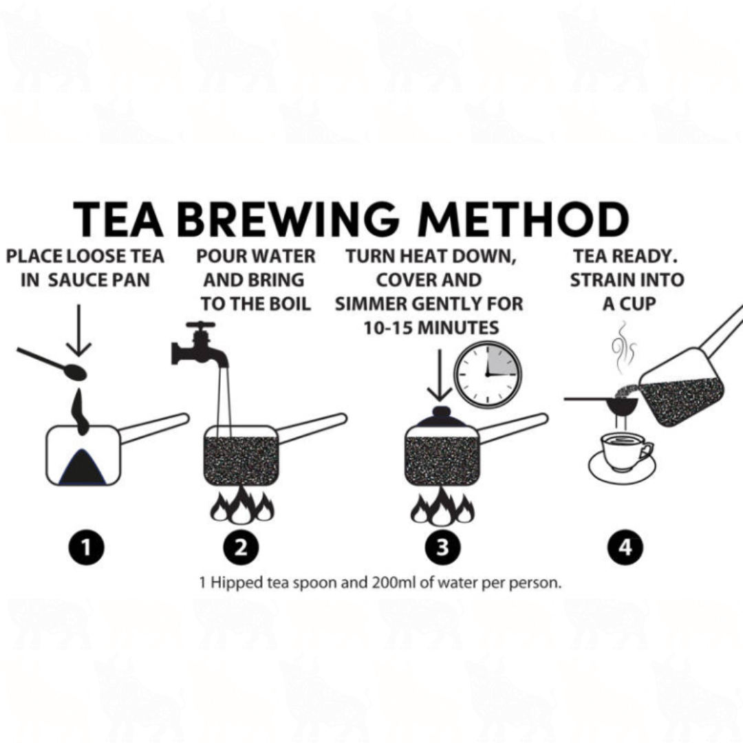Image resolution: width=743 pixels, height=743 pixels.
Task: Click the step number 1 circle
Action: click(x=86, y=548)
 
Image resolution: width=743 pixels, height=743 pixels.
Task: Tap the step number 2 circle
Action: click(x=241, y=548)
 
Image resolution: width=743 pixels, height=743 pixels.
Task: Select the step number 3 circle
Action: click(x=442, y=548)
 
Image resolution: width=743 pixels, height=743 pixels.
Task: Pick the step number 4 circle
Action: click(x=625, y=548)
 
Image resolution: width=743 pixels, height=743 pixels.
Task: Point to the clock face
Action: click(x=488, y=375)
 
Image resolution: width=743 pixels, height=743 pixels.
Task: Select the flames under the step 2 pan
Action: click(x=242, y=505)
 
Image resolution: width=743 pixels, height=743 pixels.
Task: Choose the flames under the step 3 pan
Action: click(x=442, y=506)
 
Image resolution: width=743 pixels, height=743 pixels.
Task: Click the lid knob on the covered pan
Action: click(x=441, y=412)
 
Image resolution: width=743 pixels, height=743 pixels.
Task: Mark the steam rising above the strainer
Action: click(x=622, y=348)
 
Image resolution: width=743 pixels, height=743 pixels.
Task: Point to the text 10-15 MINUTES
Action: click(x=431, y=327)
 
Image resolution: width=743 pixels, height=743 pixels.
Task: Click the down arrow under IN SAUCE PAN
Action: click(x=78, y=330)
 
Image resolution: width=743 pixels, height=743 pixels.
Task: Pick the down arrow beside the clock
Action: click(x=440, y=376)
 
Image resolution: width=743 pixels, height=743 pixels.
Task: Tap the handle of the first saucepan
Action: click(x=155, y=429)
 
